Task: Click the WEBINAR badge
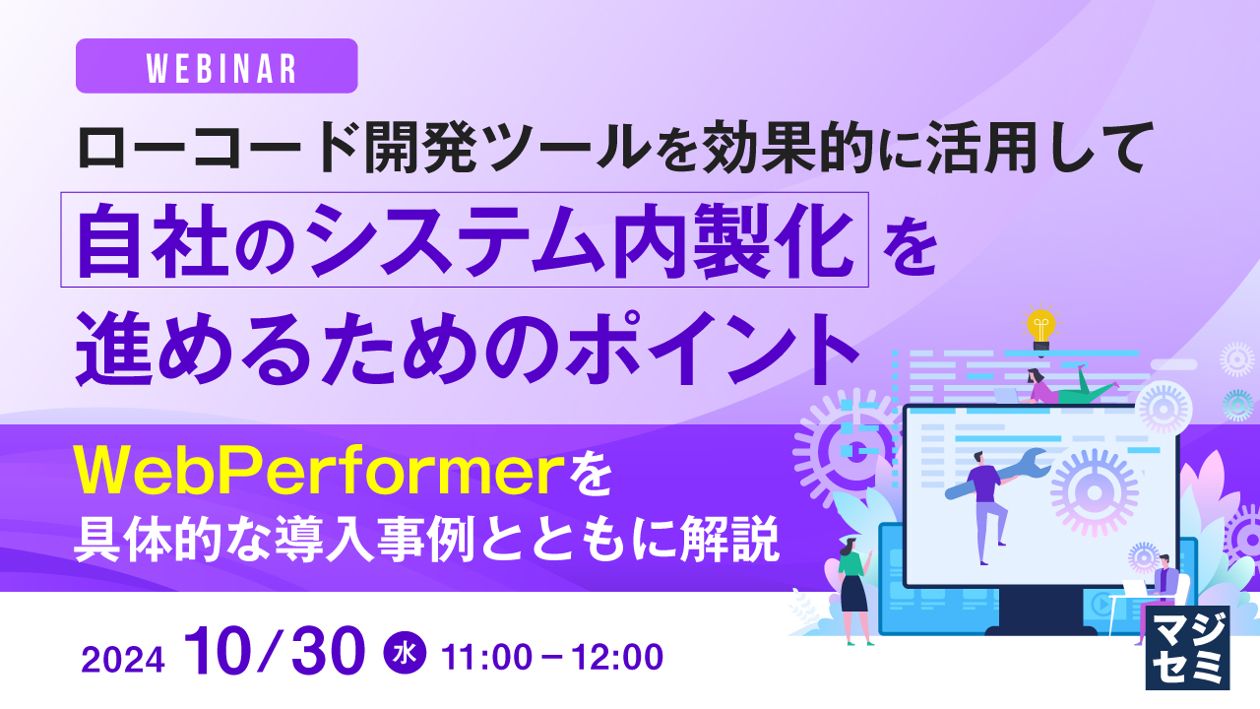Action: pos(217,66)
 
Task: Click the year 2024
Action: pos(123,660)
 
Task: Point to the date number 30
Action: pos(329,650)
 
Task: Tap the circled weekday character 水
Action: pos(405,653)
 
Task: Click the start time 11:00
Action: pos(486,657)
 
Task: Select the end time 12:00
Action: pos(617,657)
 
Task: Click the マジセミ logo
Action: pos(1187,648)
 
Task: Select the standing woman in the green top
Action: pos(853,591)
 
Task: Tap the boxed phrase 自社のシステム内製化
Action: pos(465,239)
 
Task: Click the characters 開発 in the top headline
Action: pos(420,148)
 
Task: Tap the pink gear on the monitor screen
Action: pos(1094,492)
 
